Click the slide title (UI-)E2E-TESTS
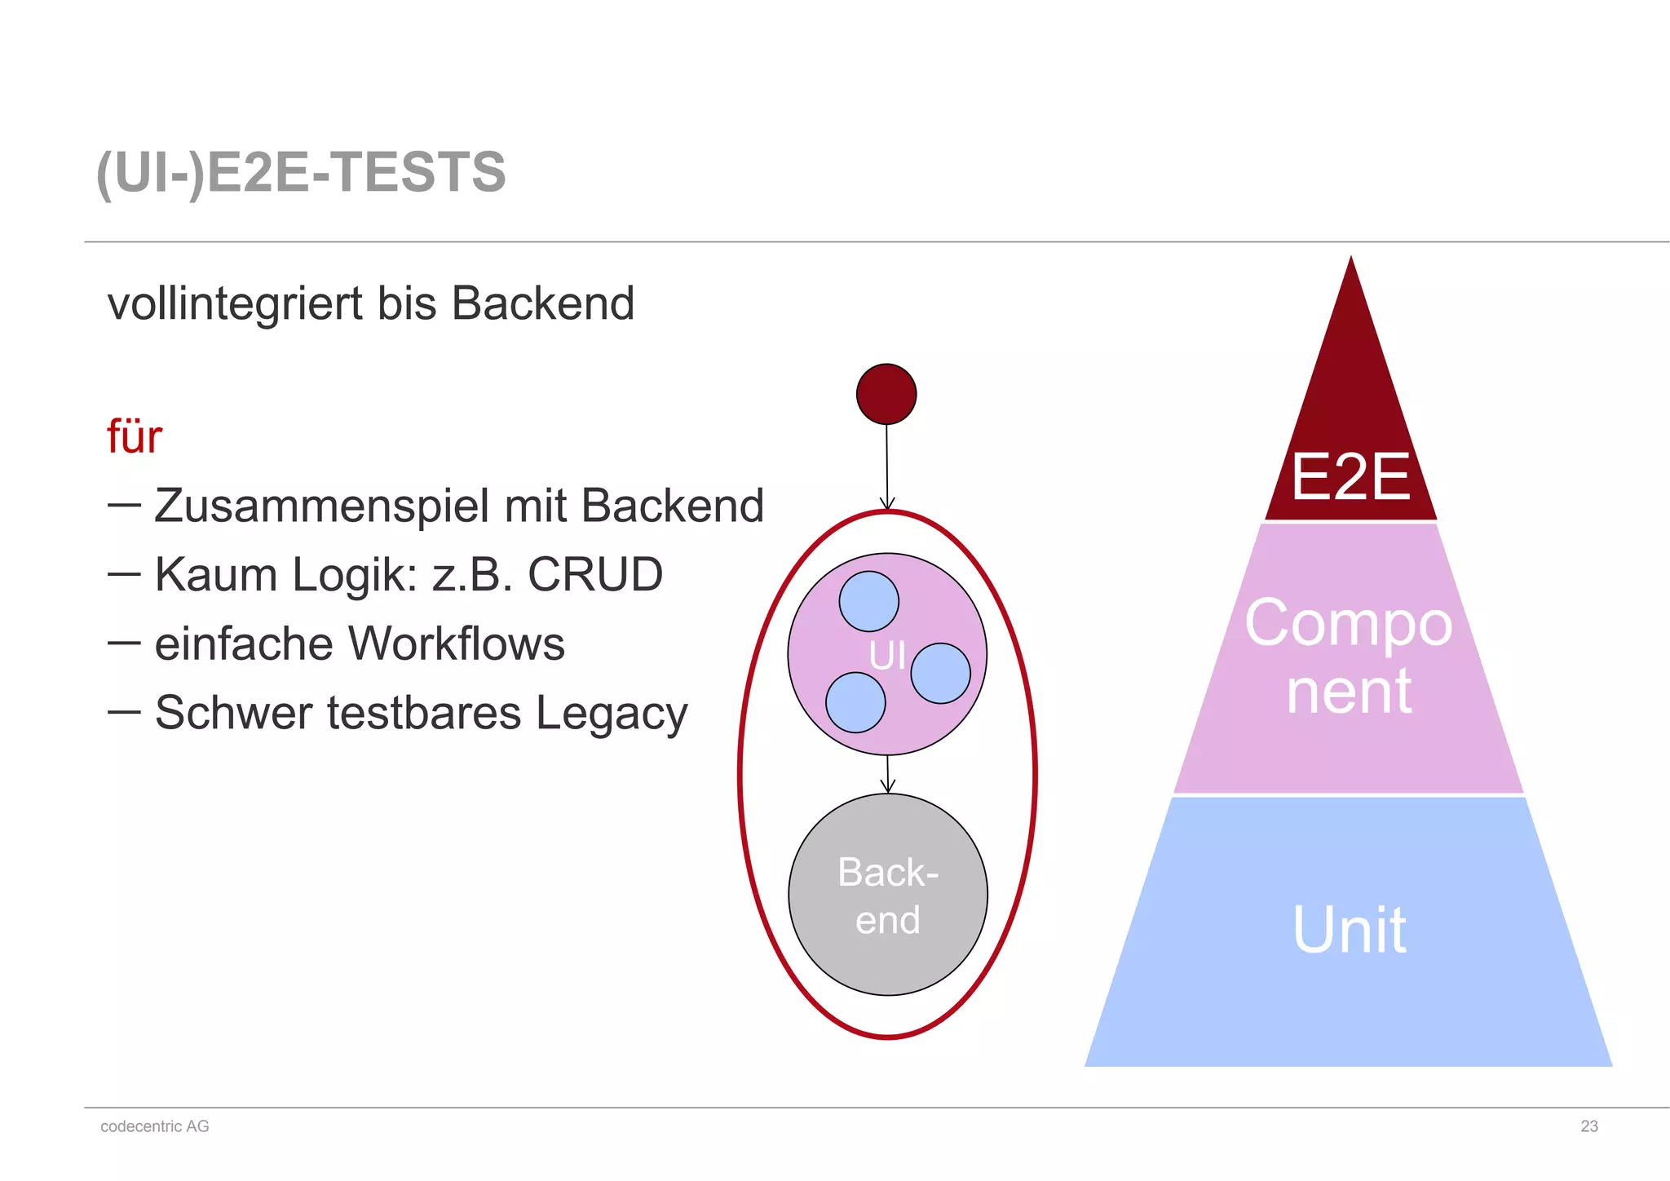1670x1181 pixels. [x=301, y=172]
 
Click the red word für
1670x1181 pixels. [x=135, y=437]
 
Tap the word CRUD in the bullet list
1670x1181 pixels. [x=595, y=574]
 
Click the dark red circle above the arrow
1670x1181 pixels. [x=886, y=394]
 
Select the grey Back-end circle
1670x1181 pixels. [x=888, y=895]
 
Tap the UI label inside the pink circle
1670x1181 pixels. [x=886, y=656]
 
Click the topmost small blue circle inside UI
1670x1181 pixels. [x=869, y=601]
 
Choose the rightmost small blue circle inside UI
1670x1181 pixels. [x=940, y=673]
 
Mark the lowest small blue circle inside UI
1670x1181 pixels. [x=855, y=702]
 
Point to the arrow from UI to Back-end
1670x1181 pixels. [x=888, y=774]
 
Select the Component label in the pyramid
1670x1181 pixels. [x=1349, y=657]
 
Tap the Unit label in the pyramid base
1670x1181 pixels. [x=1349, y=929]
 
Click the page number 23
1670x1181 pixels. [x=1588, y=1126]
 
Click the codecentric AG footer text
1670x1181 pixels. [x=155, y=1126]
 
